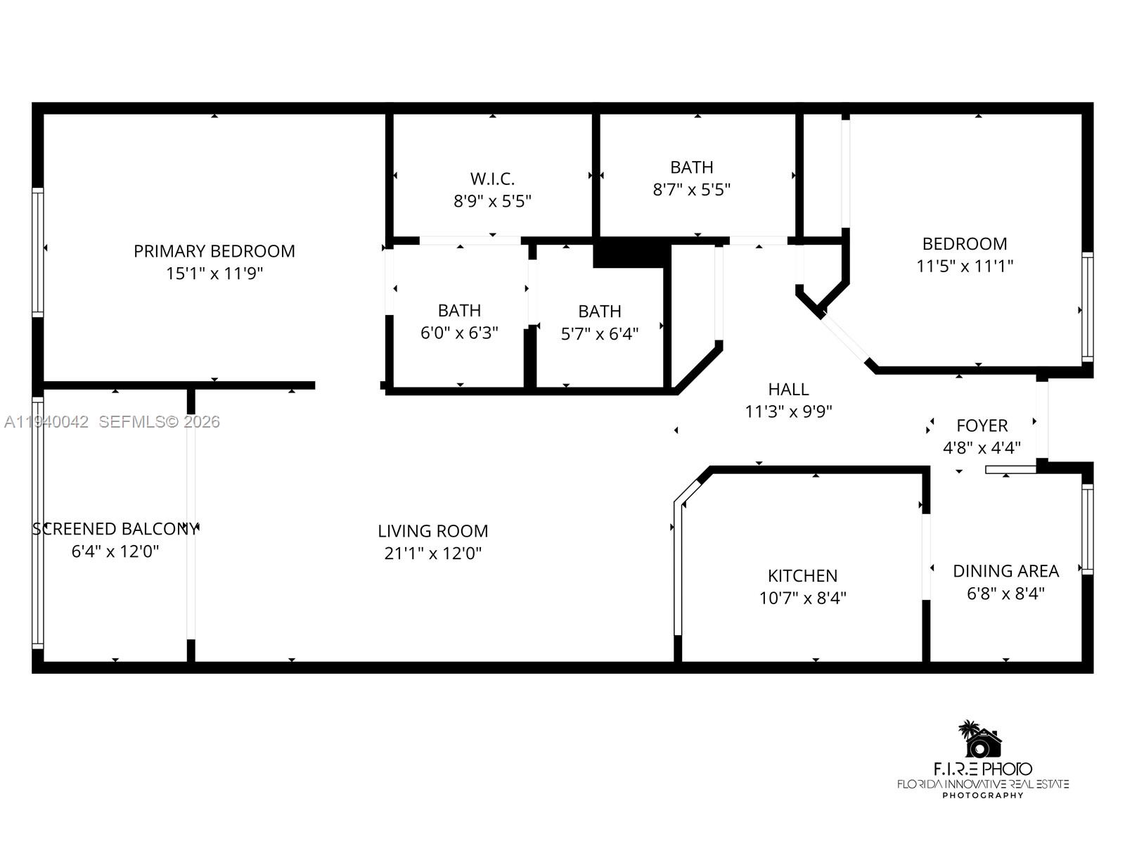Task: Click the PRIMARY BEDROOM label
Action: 214,251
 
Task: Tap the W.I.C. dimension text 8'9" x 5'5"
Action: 492,201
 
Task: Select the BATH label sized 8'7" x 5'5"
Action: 692,167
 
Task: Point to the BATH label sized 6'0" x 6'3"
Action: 460,311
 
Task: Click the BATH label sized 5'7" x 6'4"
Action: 600,312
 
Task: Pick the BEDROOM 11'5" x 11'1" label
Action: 965,244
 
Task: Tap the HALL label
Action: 788,389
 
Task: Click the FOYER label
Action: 982,426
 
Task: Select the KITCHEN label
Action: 802,576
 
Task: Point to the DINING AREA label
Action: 1005,571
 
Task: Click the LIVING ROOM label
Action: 432,531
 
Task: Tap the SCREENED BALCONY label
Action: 115,529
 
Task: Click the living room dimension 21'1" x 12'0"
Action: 432,554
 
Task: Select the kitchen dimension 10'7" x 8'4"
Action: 802,598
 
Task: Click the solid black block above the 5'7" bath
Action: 630,253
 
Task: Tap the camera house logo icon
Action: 982,740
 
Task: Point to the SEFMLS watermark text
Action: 159,422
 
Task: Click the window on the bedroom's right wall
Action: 1087,307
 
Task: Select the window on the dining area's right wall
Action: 1087,529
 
